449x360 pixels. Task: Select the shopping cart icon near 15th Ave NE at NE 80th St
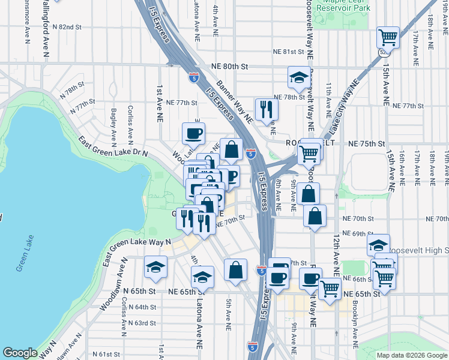tap(388, 38)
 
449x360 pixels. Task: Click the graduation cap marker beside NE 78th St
tap(299, 77)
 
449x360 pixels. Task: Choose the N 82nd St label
tap(67, 27)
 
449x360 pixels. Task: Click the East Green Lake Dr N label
tap(113, 146)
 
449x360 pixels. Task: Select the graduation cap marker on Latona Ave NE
tap(203, 277)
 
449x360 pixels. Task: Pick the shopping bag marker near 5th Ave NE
tap(236, 270)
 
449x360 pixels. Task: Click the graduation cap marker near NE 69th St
tap(379, 245)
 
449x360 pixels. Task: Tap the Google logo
tap(20, 352)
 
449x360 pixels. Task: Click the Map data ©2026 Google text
tap(412, 355)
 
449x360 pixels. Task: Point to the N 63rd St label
tap(142, 322)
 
